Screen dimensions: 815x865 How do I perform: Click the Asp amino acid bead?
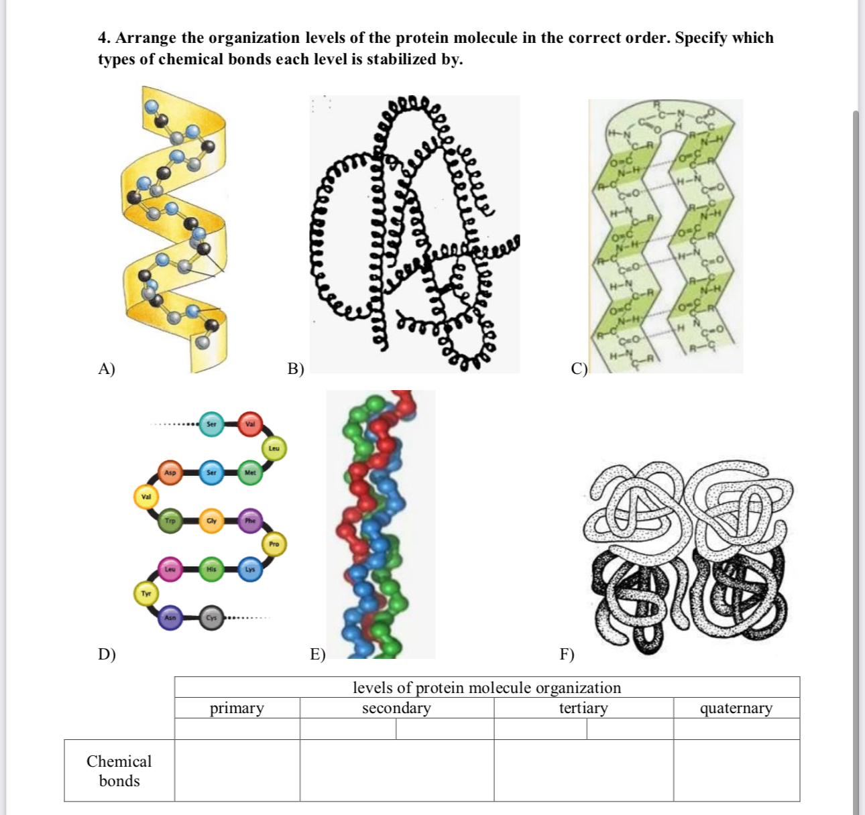[x=170, y=473]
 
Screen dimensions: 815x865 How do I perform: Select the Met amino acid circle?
[x=250, y=473]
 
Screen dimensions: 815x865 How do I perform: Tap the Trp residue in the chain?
[x=170, y=521]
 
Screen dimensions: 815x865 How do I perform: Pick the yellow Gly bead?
[x=211, y=521]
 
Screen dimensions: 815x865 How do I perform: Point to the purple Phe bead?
[x=250, y=521]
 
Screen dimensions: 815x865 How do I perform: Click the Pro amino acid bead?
[x=274, y=544]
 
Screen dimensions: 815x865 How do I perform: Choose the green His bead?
[x=211, y=569]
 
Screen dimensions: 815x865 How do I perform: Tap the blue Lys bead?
[x=250, y=569]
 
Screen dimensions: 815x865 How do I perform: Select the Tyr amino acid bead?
[x=146, y=594]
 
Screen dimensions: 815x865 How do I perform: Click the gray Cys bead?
[x=211, y=618]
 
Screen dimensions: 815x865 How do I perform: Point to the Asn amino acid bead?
[x=170, y=618]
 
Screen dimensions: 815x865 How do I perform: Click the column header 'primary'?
[x=237, y=708]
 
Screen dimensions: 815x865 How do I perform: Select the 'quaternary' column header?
[x=736, y=708]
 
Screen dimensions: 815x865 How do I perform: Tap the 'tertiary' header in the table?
[x=583, y=708]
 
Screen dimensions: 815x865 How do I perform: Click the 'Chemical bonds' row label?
[x=119, y=771]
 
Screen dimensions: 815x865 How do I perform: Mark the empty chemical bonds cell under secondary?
[x=396, y=771]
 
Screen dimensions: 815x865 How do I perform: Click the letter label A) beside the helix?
[x=107, y=369]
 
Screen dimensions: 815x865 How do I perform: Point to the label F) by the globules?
[x=567, y=654]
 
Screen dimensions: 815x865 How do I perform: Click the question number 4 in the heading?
[x=104, y=38]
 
